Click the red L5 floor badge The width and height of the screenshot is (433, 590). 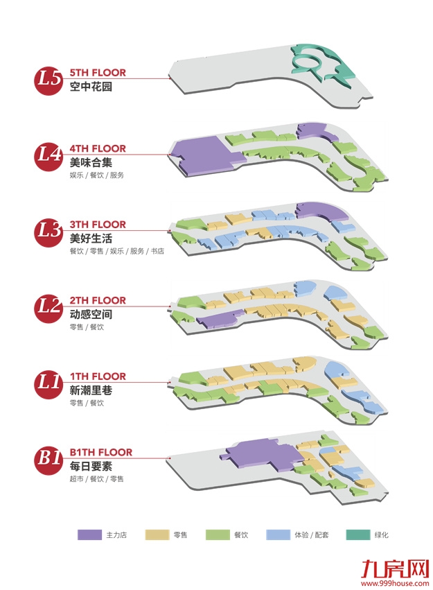tap(48, 78)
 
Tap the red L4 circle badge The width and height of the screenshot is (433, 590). tap(48, 154)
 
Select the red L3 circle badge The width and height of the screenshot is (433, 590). tap(48, 230)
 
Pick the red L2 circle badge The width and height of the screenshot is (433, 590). tap(48, 306)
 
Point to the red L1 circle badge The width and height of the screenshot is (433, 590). tap(48, 382)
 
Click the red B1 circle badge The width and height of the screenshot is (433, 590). tap(48, 458)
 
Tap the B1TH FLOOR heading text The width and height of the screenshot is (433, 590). tap(100, 452)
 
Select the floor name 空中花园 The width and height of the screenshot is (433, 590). tap(91, 87)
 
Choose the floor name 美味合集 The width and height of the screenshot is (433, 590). tap(91, 162)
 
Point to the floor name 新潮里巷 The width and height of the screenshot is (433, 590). tap(91, 390)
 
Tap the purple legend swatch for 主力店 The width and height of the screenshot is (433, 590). tap(89, 535)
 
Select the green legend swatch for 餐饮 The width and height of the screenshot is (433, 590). tap(219, 535)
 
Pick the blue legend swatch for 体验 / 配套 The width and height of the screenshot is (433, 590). tap(280, 535)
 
